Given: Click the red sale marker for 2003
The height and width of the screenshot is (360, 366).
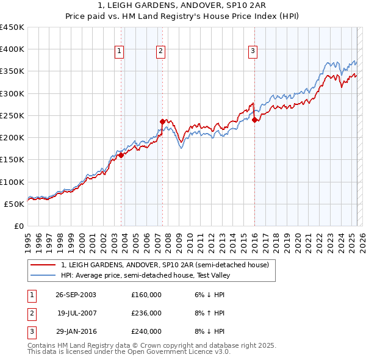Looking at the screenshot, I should [121, 155].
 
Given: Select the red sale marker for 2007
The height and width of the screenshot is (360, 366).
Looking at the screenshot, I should [162, 121].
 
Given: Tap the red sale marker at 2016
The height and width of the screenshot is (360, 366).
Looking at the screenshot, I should [254, 120].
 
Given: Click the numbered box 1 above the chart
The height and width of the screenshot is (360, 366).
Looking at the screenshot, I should [119, 52].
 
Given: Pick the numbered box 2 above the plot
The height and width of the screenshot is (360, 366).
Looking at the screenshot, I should [160, 52].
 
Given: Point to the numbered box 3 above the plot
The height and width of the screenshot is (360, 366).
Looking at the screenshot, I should [252, 52].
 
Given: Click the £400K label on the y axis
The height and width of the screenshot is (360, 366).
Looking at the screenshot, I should [12, 49].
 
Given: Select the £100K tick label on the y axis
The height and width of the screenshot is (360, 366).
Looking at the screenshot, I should [12, 182].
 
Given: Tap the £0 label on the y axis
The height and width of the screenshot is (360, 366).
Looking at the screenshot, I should [18, 226].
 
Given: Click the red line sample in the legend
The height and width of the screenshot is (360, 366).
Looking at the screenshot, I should [44, 265].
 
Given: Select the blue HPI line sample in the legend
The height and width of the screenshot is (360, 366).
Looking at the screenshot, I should [44, 275].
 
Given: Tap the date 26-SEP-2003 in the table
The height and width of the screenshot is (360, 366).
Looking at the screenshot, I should [76, 295].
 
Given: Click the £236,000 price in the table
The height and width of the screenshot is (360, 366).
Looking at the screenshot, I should [146, 313].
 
